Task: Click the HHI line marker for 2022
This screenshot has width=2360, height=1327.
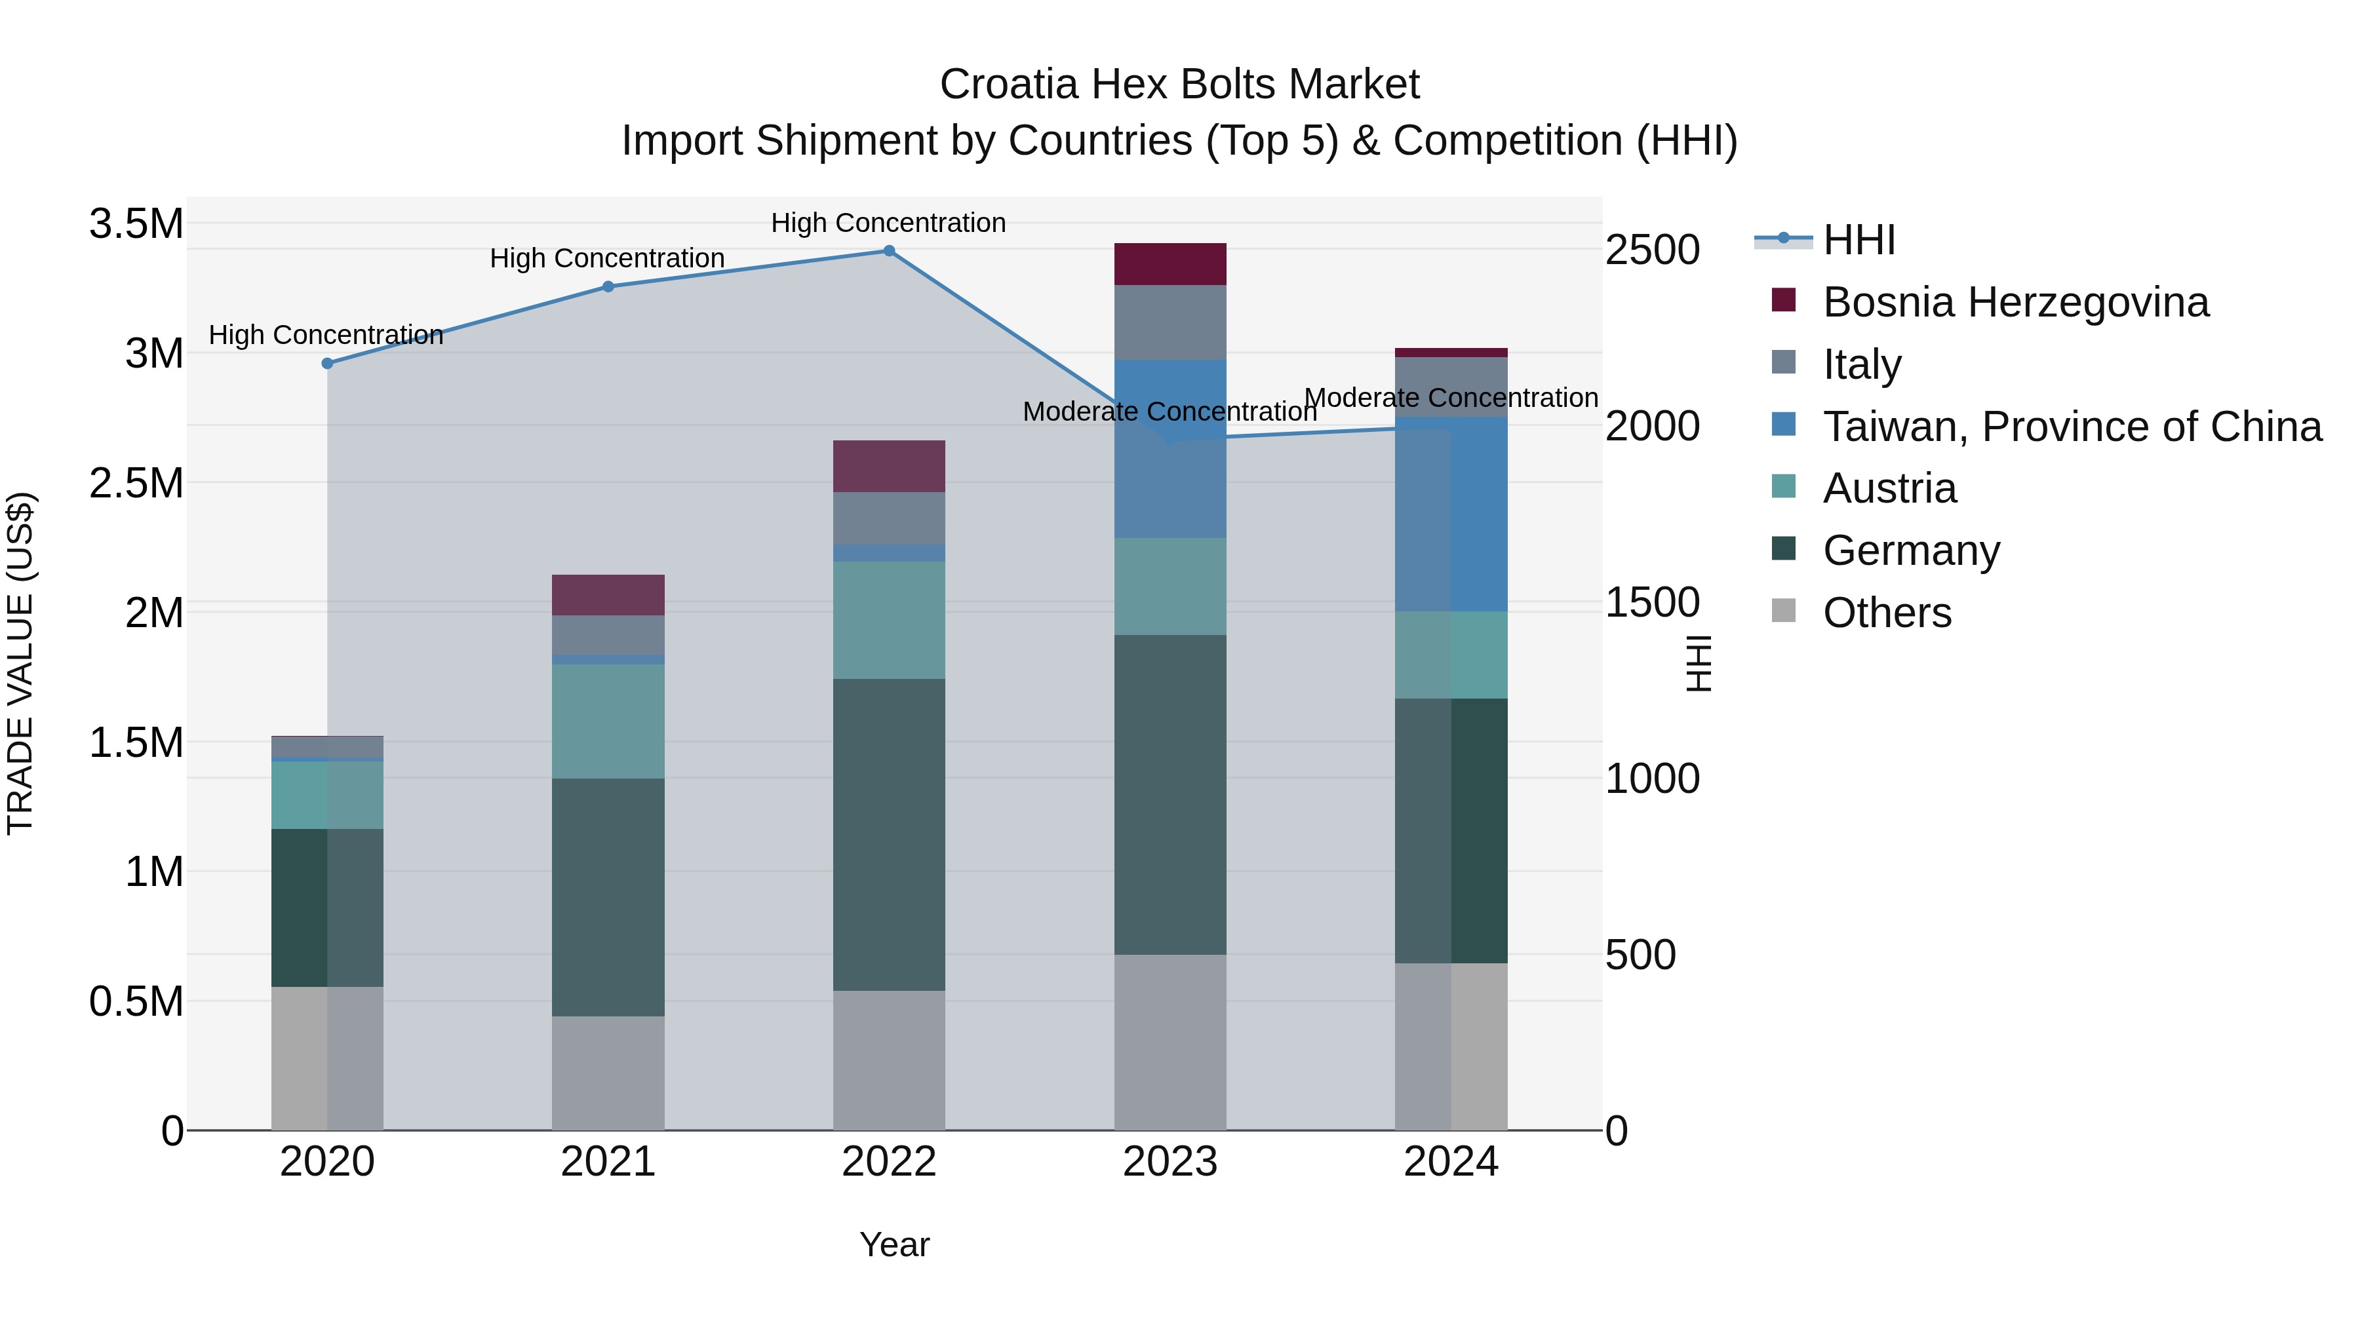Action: pos(889,251)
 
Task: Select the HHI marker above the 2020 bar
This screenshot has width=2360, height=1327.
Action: pos(327,364)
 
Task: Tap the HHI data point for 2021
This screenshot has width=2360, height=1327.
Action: pos(608,286)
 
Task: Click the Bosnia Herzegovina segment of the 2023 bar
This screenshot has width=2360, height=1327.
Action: pos(1170,265)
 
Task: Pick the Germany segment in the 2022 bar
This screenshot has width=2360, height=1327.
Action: pos(889,834)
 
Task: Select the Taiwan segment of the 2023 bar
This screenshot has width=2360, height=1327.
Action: pos(1170,449)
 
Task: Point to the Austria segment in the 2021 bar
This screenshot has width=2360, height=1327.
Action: pos(608,721)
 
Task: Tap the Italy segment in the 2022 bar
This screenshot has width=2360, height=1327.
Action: pos(889,518)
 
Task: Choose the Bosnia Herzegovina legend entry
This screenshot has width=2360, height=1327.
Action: pos(2016,302)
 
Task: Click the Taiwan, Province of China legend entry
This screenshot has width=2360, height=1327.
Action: pos(2072,427)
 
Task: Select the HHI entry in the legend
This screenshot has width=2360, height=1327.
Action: pos(1859,240)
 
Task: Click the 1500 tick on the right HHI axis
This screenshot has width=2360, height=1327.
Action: pos(1652,603)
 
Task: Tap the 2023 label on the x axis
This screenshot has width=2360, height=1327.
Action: pos(1170,1162)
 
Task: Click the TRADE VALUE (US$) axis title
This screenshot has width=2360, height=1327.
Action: pos(20,663)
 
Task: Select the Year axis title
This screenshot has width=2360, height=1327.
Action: pos(894,1244)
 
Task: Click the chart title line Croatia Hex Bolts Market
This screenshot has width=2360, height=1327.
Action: pos(1179,85)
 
